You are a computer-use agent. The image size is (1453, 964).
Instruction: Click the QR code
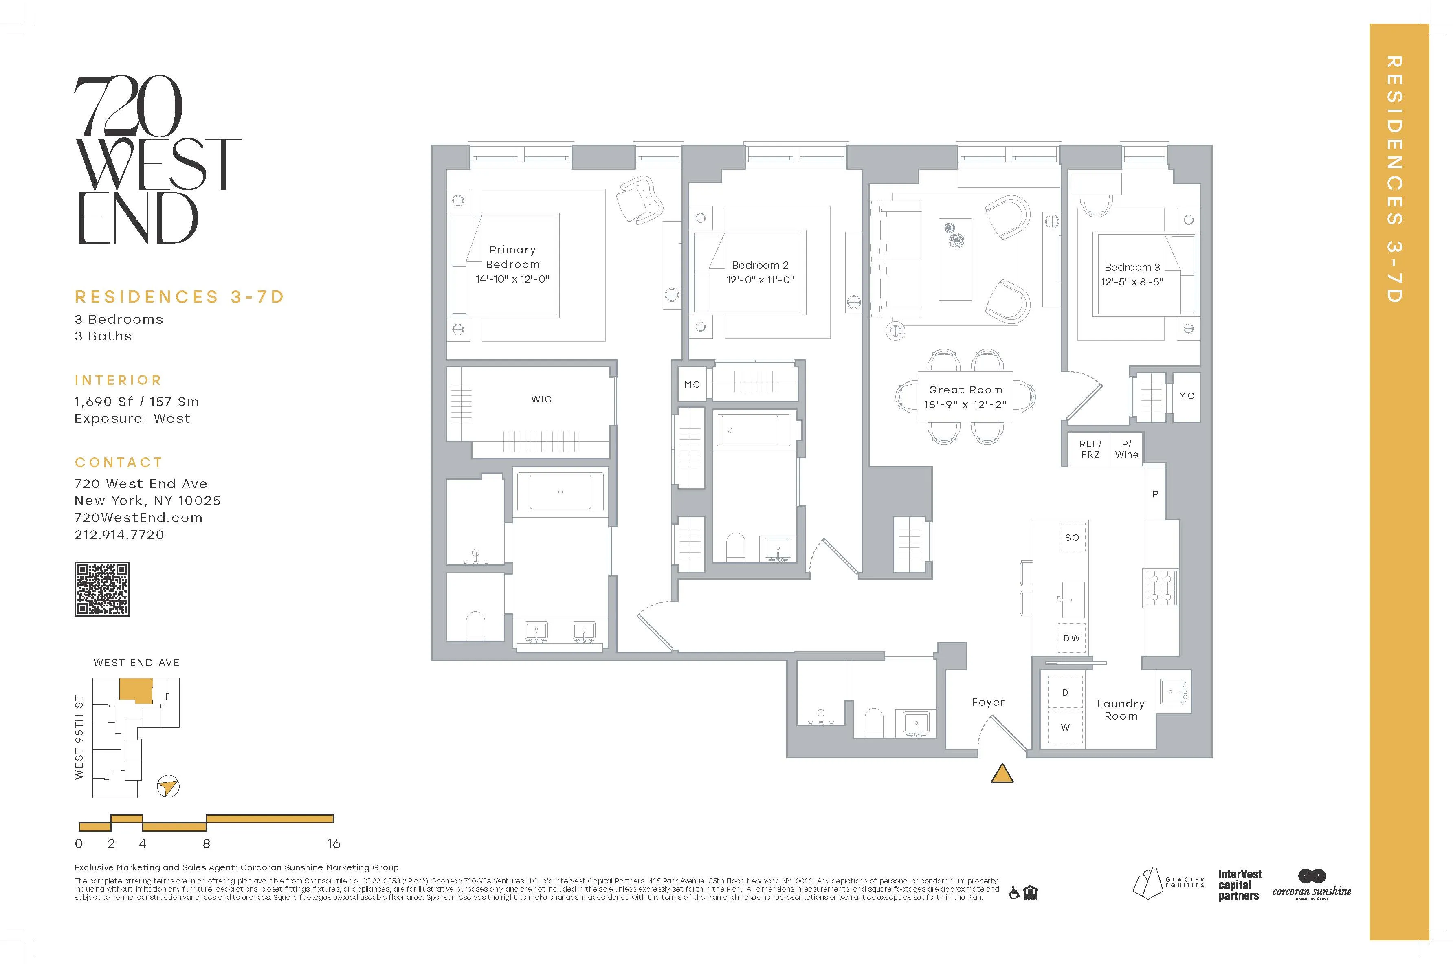coord(102,589)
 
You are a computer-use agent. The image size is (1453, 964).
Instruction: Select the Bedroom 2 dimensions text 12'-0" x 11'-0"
coord(760,280)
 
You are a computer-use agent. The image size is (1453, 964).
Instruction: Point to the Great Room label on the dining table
coord(965,390)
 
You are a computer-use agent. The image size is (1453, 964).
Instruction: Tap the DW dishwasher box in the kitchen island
coord(1072,638)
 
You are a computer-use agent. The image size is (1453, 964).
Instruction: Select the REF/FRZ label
coord(1090,449)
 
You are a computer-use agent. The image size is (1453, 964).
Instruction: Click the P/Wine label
coord(1126,449)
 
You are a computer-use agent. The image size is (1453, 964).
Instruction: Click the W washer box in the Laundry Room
coord(1065,728)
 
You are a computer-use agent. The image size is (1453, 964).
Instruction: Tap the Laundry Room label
coord(1120,709)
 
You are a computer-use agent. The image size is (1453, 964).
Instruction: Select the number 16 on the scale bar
coord(333,843)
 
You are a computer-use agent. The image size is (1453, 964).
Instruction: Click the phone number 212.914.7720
coord(119,535)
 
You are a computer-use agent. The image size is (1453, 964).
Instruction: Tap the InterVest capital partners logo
coord(1239,885)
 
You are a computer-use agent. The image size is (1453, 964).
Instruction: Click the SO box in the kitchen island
coord(1072,537)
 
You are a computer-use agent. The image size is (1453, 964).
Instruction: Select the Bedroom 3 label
coord(1132,268)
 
